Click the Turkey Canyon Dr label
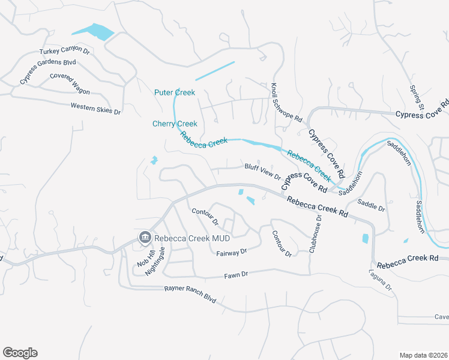tap(64, 52)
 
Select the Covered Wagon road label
tap(70, 84)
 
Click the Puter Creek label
tap(175, 92)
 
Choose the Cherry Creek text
tap(175, 124)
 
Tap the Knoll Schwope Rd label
tap(286, 103)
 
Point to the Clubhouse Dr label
tap(316, 235)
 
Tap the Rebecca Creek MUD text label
tap(192, 238)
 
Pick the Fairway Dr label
tap(232, 253)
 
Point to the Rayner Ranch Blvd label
tap(190, 293)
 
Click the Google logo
tap(20, 353)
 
